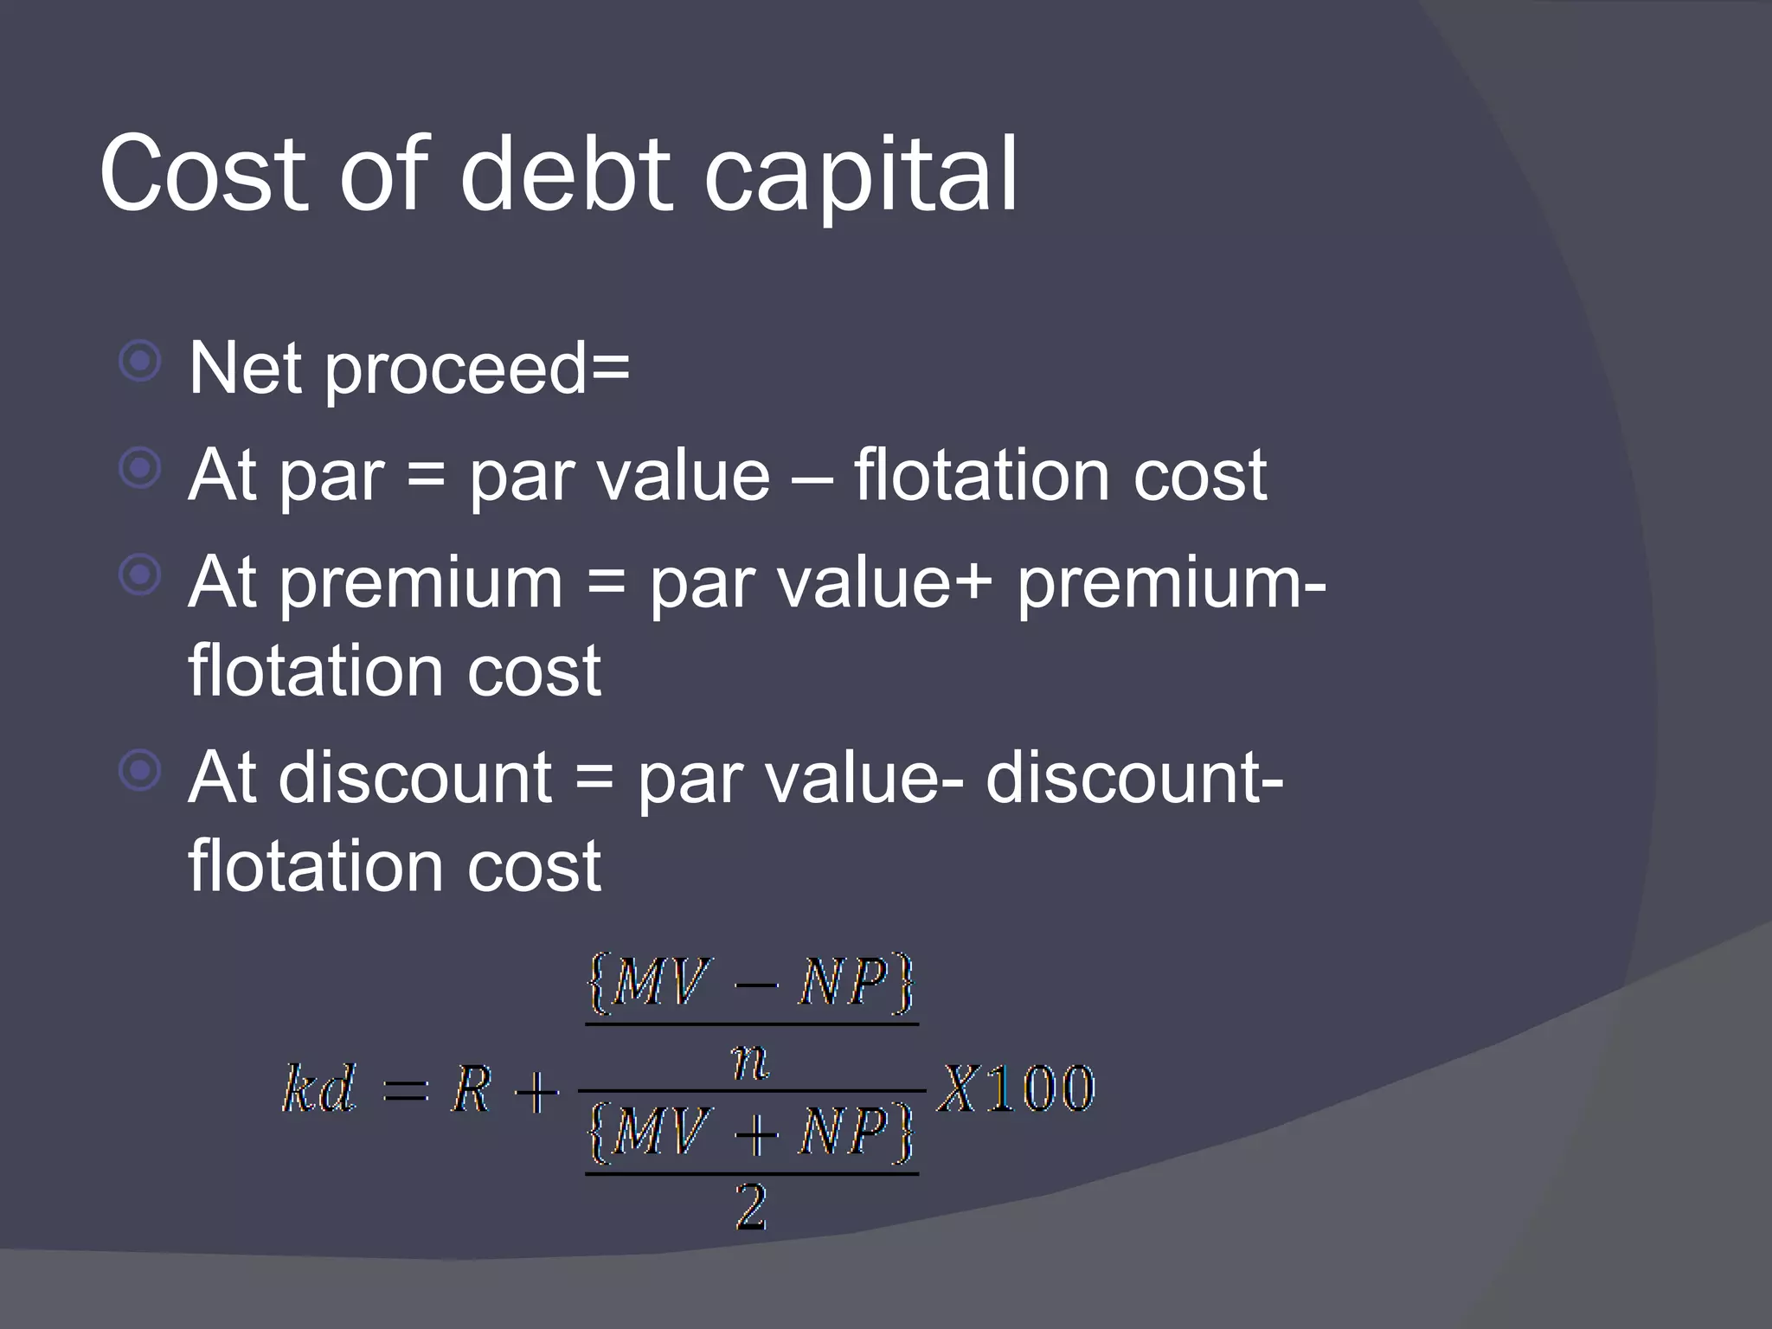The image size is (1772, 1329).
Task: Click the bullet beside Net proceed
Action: (140, 362)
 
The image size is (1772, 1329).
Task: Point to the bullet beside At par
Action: (140, 469)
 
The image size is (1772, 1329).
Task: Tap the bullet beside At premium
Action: (140, 575)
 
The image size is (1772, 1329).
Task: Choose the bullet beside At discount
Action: (140, 771)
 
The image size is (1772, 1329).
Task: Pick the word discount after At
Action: (414, 777)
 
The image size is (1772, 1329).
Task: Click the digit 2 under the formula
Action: (751, 1206)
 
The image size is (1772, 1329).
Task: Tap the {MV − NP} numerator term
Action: (750, 983)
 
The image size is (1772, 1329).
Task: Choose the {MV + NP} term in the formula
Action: (750, 1132)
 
